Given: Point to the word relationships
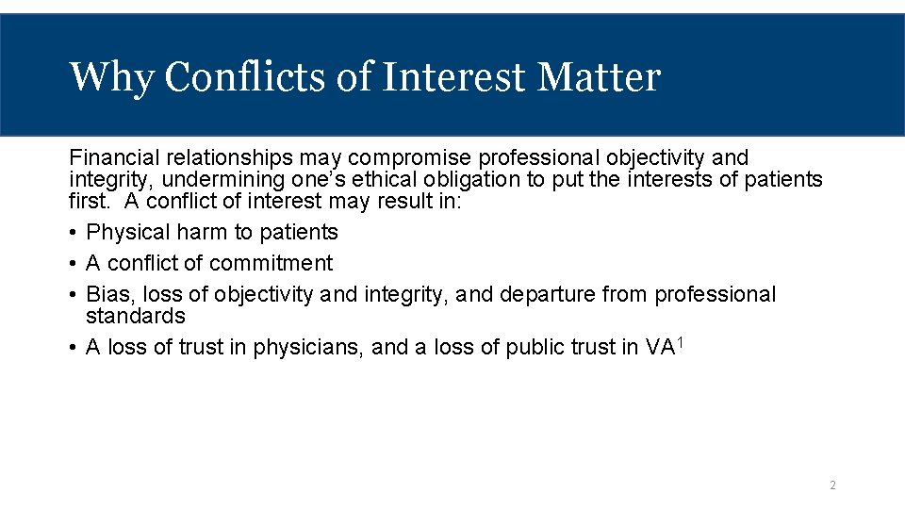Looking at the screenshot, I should (226, 157).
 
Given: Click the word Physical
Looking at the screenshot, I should (125, 232).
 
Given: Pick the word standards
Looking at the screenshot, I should (135, 316).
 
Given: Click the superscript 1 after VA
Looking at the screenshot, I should (679, 341).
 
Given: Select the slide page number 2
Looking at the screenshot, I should (832, 485).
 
